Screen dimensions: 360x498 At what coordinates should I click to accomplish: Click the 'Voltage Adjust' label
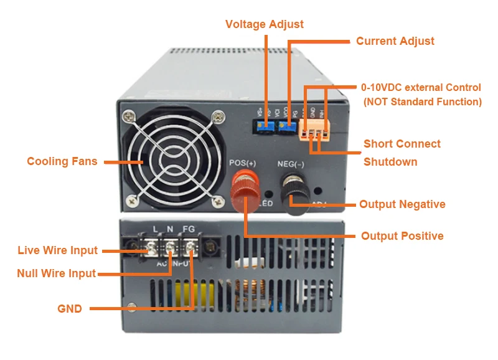coord(265,24)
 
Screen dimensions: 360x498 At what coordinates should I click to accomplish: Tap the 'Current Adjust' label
coord(395,41)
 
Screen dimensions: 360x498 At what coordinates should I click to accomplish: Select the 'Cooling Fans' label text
coord(62,161)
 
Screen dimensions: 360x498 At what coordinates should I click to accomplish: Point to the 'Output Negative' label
coord(402,204)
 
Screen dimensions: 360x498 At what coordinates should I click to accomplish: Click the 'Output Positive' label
coord(402,236)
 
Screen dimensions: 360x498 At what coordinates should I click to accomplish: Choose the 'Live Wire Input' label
coord(58,250)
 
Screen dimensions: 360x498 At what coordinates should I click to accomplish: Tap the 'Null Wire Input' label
coord(57,273)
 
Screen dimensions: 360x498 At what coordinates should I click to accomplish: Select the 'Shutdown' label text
coord(390,162)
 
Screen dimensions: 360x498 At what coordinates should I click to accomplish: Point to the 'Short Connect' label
coord(402,144)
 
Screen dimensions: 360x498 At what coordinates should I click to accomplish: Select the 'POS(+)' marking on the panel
coord(243,163)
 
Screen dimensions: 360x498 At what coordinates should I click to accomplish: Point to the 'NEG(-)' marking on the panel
coord(291,164)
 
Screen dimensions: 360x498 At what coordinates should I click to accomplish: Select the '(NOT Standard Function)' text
coord(423,102)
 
